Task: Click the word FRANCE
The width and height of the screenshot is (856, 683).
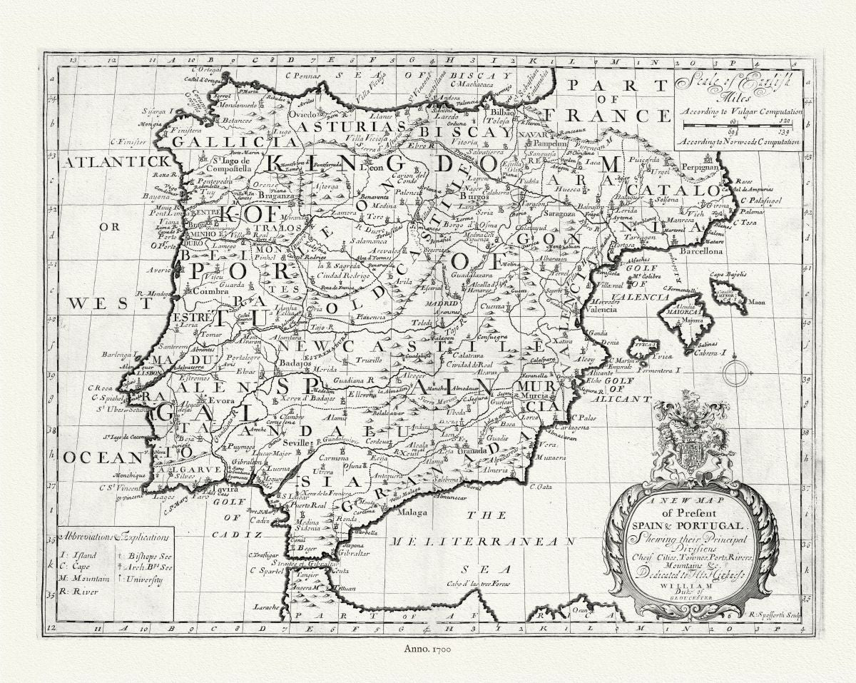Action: click(x=594, y=116)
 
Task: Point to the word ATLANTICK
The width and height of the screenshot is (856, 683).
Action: click(x=116, y=162)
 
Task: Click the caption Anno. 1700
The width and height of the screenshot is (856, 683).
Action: click(x=427, y=649)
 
